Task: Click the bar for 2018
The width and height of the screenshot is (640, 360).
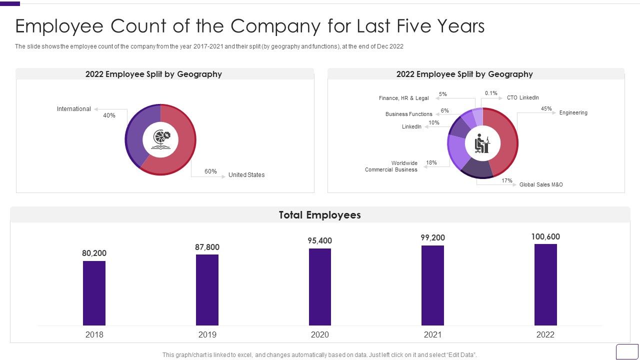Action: pos(94,293)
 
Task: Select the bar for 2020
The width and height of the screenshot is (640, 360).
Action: pos(320,287)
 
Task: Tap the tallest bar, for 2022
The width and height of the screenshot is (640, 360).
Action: pos(545,284)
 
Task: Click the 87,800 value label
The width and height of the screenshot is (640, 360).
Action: pos(207,247)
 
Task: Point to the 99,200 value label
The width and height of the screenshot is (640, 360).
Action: pos(432,238)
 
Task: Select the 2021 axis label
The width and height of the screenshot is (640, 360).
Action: pos(432,334)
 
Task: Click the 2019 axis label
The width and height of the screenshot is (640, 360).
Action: pos(207,334)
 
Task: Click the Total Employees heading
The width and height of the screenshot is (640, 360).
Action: pos(320,215)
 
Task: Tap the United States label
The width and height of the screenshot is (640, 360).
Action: pos(246,175)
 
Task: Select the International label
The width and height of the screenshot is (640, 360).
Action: pos(74,109)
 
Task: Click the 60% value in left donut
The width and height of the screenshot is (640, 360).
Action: pos(210,171)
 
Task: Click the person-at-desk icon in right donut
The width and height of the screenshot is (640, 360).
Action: pos(482,143)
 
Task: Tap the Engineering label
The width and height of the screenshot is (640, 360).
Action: pos(573,113)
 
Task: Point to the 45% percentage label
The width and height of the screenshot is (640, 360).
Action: pos(546,108)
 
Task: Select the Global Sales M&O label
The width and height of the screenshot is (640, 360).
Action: pos(541,185)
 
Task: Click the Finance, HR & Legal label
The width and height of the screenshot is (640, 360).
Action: pos(403,98)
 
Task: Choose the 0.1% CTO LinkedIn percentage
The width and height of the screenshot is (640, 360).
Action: pos(491,93)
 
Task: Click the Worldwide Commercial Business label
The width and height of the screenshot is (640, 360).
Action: pos(391,166)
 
